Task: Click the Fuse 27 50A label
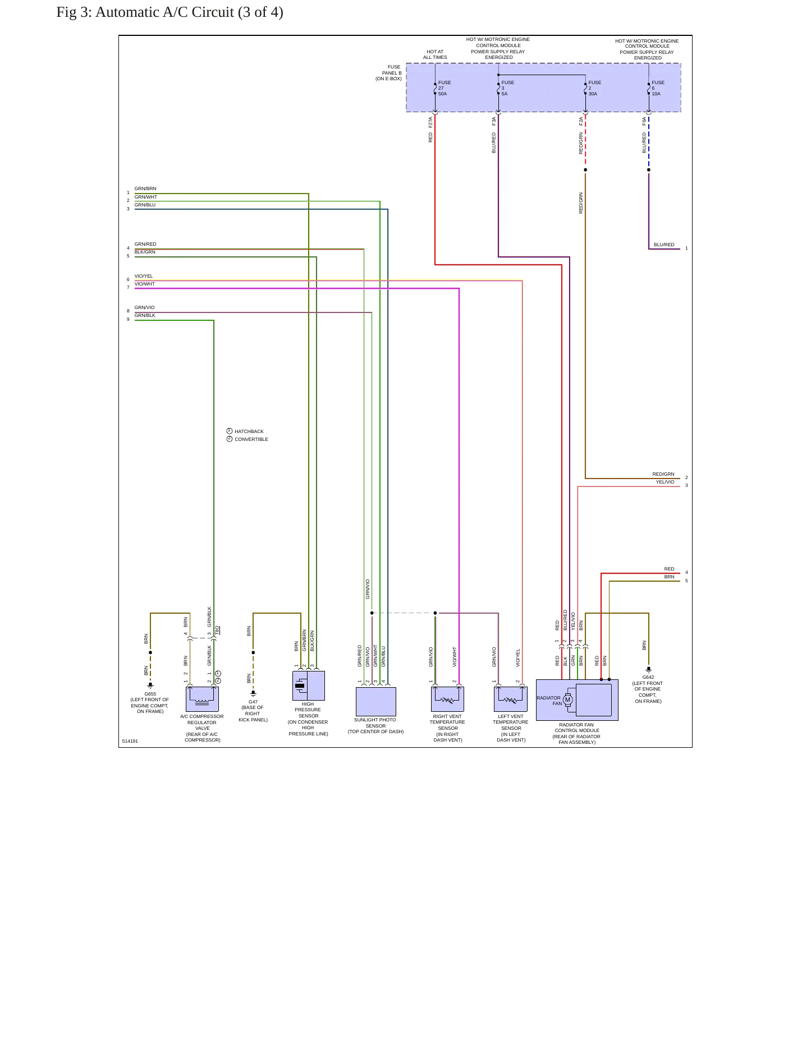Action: pos(445,88)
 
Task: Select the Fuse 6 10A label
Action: pos(658,88)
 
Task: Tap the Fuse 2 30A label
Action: pos(594,88)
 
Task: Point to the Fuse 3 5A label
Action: pos(507,88)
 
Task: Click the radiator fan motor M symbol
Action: pos(567,700)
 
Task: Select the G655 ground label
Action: pos(150,702)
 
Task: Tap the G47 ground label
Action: pos(253,711)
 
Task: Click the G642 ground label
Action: pos(648,689)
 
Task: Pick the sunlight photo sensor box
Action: pos(376,701)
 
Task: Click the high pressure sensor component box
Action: pos(309,685)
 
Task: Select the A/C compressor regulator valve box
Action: pos(202,699)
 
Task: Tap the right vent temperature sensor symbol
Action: pos(447,699)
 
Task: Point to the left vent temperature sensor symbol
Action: pos(511,699)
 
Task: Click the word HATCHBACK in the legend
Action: pos(249,431)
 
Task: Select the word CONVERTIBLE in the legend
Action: pos(251,439)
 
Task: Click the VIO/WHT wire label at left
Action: pos(144,284)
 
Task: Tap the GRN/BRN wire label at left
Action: pos(145,188)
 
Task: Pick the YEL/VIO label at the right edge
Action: pos(665,482)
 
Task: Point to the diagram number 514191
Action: pos(130,741)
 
